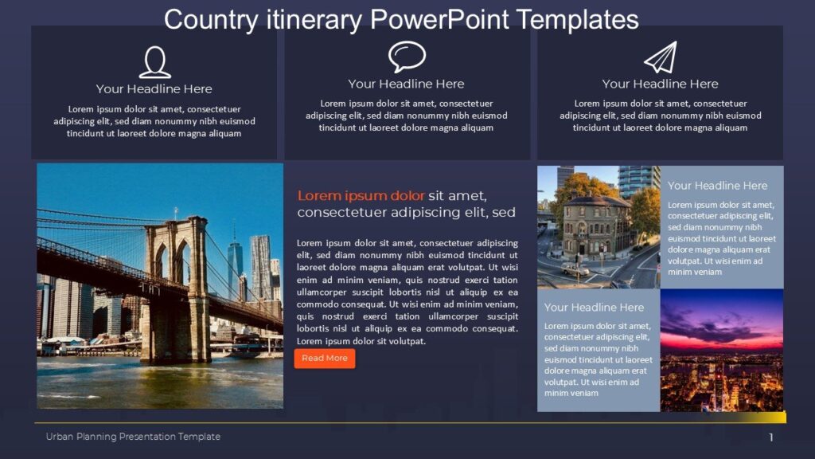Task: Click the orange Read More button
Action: pyautogui.click(x=325, y=359)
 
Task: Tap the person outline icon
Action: pyautogui.click(x=154, y=62)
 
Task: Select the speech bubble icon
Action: pyautogui.click(x=407, y=57)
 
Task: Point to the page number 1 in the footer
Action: pyautogui.click(x=770, y=437)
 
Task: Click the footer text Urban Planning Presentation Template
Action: pyautogui.click(x=133, y=437)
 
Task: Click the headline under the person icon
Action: pyautogui.click(x=154, y=89)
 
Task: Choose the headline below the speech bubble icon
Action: pyautogui.click(x=406, y=84)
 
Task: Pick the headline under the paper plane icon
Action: pyautogui.click(x=660, y=84)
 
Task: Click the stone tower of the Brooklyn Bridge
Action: pyautogui.click(x=177, y=287)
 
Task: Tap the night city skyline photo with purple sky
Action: pyautogui.click(x=721, y=351)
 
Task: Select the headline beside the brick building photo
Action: pyautogui.click(x=717, y=186)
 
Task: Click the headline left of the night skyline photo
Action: pyautogui.click(x=594, y=308)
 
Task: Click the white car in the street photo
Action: pyautogui.click(x=575, y=269)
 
